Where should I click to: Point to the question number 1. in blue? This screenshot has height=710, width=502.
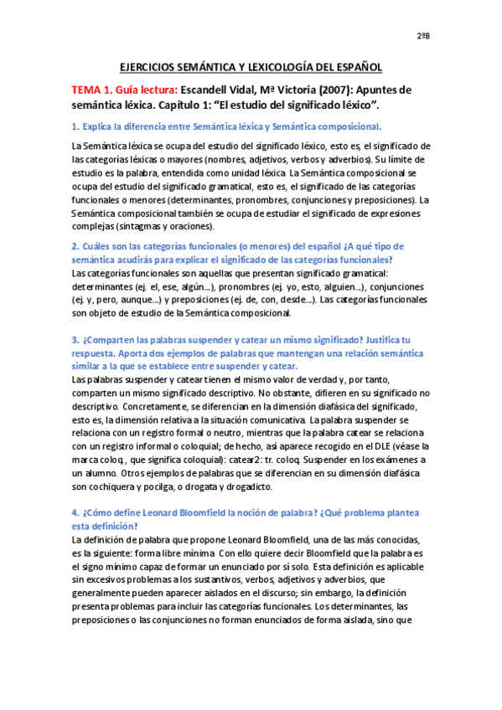click(76, 126)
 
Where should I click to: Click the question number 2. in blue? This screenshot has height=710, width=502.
click(76, 246)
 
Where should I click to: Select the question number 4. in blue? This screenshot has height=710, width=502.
click(76, 512)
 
